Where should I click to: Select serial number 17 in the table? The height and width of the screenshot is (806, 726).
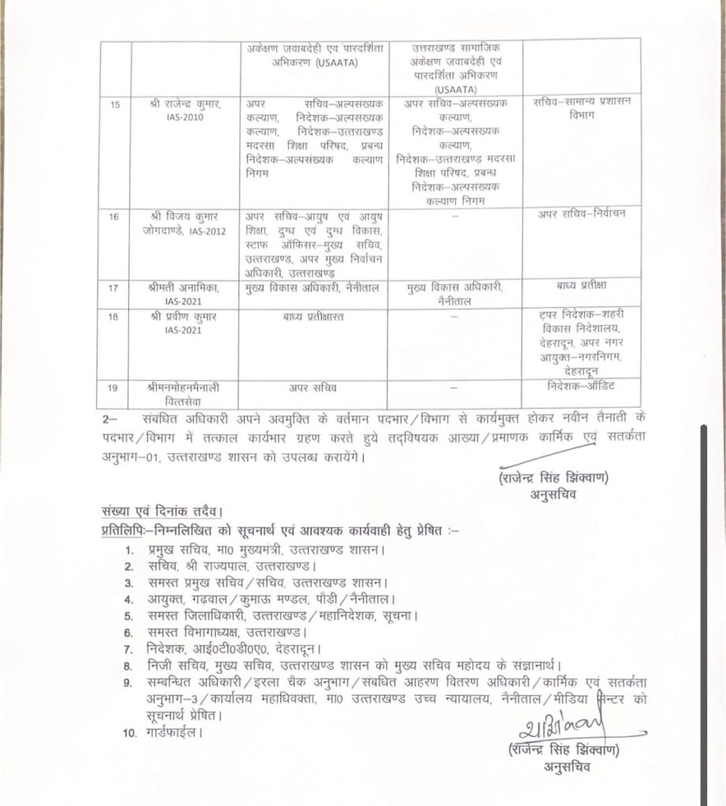tap(116, 287)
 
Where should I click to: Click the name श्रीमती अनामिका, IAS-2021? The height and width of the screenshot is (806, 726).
tap(185, 293)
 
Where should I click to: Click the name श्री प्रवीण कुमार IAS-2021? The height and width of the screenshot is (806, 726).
tap(185, 323)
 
